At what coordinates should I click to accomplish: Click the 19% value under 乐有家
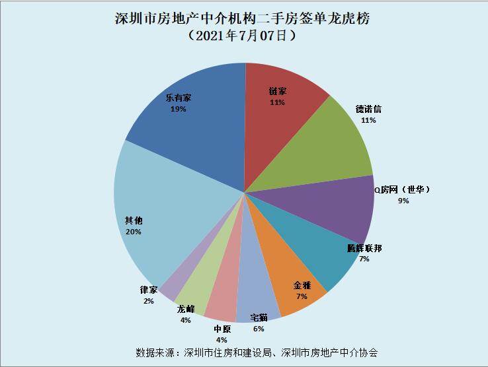[178, 109]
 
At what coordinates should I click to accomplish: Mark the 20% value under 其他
[133, 232]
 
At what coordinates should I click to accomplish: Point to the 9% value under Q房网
[403, 201]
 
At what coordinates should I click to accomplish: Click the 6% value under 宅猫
[259, 329]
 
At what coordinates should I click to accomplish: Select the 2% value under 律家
[149, 301]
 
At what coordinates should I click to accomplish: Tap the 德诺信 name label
[368, 109]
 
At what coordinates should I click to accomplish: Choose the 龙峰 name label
[186, 309]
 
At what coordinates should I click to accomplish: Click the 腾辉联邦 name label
[364, 248]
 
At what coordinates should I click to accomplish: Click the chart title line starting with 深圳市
[242, 18]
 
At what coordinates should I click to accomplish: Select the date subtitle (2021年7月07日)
[242, 36]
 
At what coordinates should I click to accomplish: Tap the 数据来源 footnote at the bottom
[257, 352]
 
